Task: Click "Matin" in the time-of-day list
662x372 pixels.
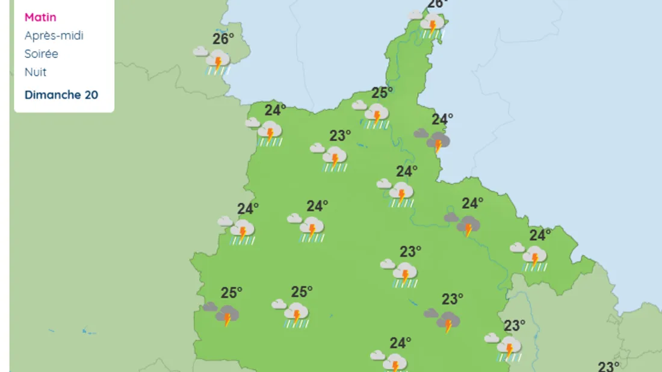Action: point(40,17)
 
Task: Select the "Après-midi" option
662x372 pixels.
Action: point(54,36)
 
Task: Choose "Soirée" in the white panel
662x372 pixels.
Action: point(41,54)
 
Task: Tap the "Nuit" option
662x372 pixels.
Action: point(35,72)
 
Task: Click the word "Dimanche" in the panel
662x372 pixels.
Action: point(52,95)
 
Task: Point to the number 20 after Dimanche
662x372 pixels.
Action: point(91,95)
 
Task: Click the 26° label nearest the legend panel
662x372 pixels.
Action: point(223,39)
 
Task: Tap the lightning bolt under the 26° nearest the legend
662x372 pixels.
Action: point(218,62)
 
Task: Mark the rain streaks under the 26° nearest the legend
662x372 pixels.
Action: point(218,72)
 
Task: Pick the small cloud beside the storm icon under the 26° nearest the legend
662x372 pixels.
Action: point(200,52)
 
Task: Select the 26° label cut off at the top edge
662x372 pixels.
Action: point(437,4)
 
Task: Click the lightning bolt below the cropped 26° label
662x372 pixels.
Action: point(432,26)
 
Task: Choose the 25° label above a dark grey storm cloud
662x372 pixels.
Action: point(231,293)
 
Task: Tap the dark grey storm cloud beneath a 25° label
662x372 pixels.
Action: point(228,314)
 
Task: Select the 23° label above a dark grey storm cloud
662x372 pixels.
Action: point(452,299)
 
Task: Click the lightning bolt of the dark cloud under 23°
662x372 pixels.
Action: point(448,326)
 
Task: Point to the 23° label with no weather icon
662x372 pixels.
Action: point(608,366)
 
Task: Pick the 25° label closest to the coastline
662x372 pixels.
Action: point(382,93)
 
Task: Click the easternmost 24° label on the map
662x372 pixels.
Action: point(540,235)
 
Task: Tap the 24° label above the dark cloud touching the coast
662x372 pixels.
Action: point(442,119)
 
